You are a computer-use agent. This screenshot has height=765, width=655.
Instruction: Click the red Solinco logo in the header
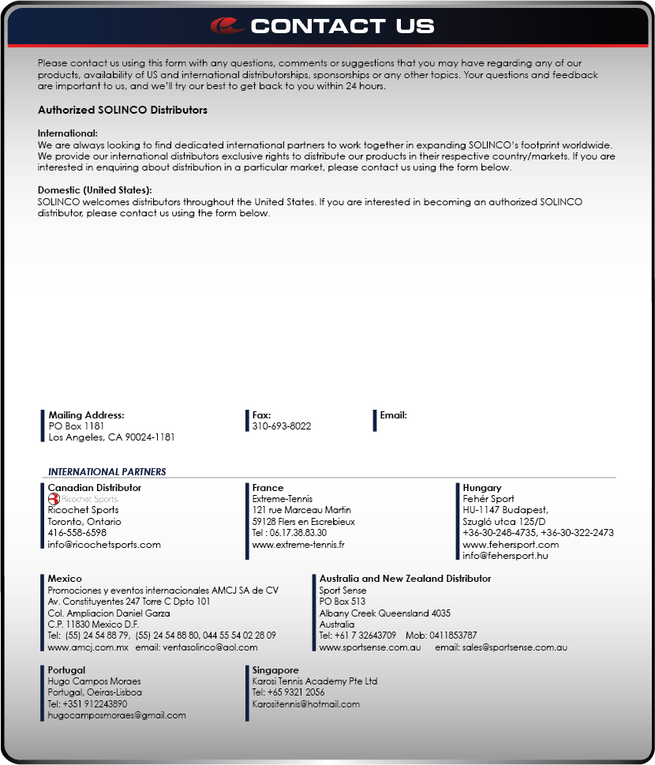point(228,26)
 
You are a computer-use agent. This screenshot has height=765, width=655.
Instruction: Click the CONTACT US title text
point(342,26)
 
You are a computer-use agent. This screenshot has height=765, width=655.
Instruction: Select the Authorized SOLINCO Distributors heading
point(122,110)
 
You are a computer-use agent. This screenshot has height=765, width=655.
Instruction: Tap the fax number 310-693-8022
point(282,426)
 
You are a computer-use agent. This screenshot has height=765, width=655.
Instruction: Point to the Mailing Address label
point(86,415)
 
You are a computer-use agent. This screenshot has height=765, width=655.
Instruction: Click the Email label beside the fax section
point(393,415)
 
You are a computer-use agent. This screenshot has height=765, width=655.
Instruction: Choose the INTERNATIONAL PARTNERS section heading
point(107,471)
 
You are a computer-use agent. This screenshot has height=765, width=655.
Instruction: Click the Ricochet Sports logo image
point(83,499)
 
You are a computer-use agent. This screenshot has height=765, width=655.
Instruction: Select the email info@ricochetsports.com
point(104,544)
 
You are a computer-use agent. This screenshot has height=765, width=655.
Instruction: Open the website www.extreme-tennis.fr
point(298,544)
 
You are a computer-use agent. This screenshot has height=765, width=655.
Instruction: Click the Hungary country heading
point(481,488)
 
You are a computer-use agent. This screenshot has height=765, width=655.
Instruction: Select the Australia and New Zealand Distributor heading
point(405,579)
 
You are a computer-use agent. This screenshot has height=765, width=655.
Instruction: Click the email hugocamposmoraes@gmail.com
point(117,715)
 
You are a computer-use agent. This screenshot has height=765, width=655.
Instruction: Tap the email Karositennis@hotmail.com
point(305,703)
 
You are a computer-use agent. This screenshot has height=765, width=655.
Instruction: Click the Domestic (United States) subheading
point(95,190)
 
